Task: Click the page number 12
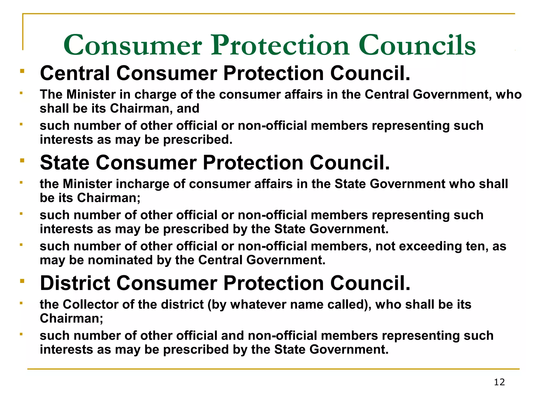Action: [x=499, y=382]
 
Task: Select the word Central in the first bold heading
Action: [x=75, y=73]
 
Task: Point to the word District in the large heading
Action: [x=75, y=283]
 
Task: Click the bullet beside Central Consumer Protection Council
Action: [x=22, y=71]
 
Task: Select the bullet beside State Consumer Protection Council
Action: [x=22, y=160]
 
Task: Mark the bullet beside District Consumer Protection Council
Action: [x=22, y=281]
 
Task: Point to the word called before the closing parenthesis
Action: [x=347, y=304]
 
